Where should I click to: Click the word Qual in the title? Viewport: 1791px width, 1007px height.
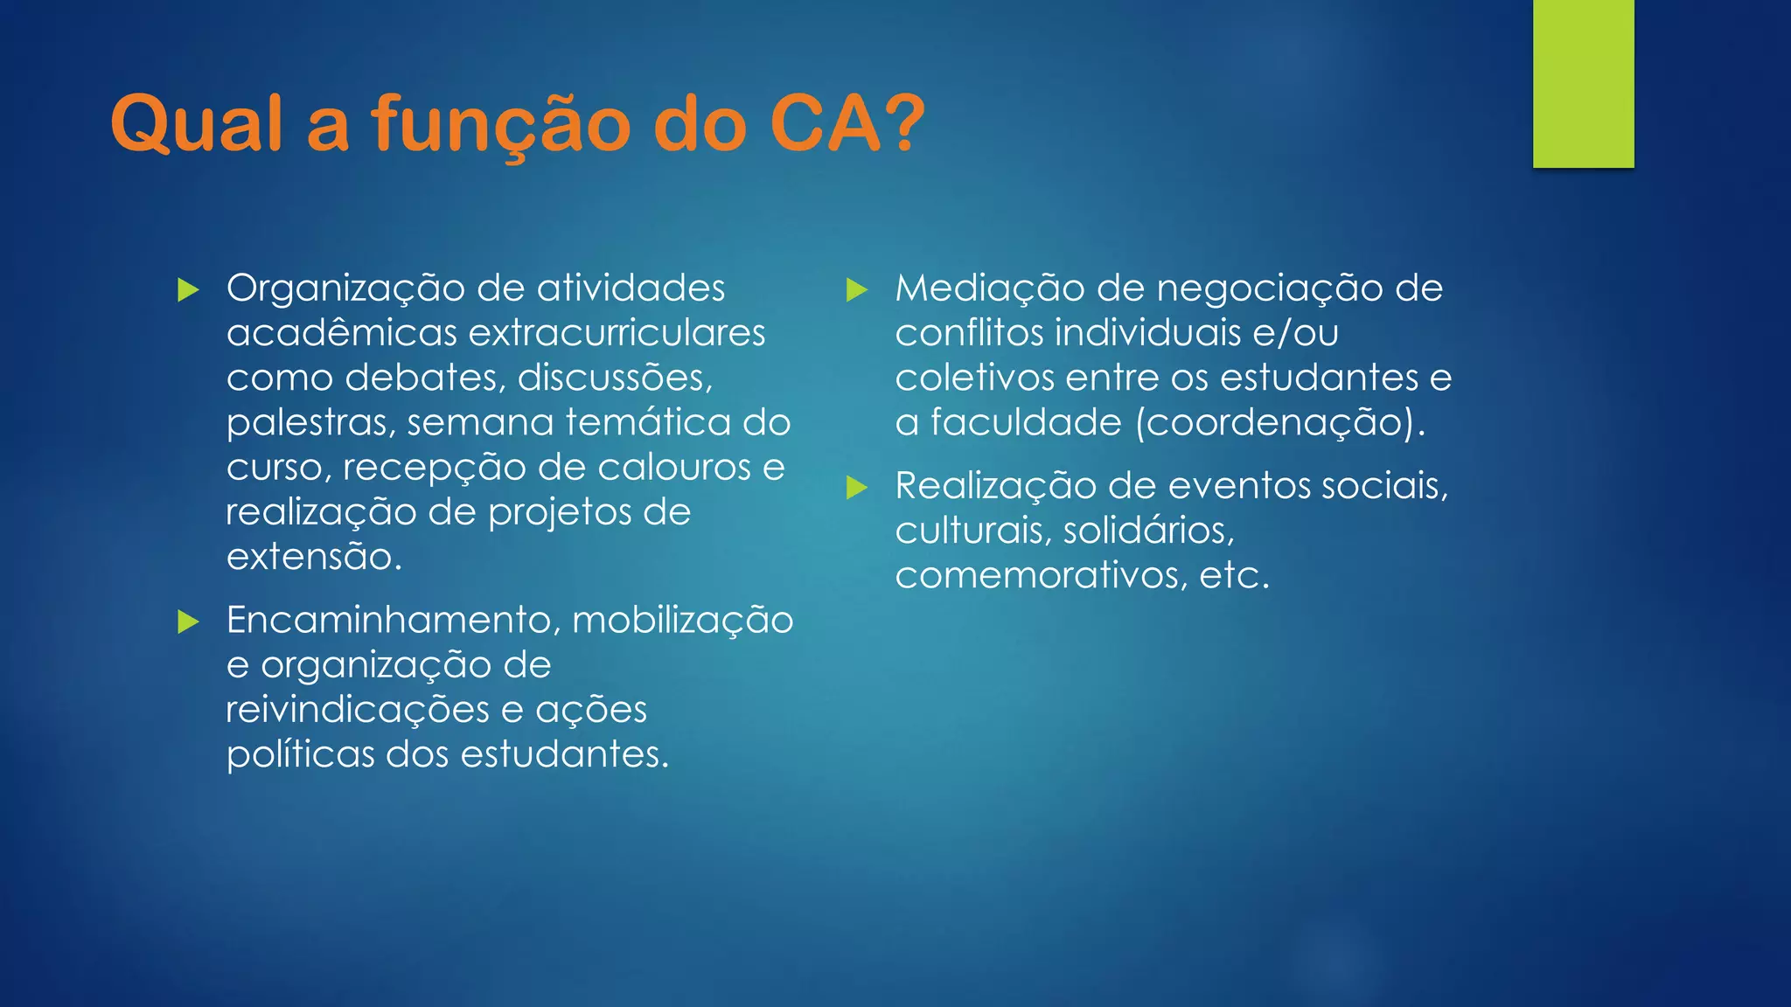197,124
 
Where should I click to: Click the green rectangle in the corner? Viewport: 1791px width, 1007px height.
1583,83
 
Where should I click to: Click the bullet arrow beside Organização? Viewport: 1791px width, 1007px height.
188,290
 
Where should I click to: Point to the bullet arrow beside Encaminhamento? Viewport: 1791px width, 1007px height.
188,622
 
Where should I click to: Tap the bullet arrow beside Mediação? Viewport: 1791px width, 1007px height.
857,290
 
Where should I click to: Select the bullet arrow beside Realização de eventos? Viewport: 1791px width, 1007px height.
857,488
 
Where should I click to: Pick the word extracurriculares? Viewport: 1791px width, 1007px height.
617,333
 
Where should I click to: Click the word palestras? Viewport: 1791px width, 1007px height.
306,423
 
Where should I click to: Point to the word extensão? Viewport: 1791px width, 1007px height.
313,557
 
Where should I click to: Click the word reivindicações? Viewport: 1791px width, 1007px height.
357,710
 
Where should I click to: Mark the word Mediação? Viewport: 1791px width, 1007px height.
988,288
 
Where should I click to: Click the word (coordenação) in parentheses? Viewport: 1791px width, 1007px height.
1280,423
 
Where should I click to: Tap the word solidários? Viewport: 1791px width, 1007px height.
1150,531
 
